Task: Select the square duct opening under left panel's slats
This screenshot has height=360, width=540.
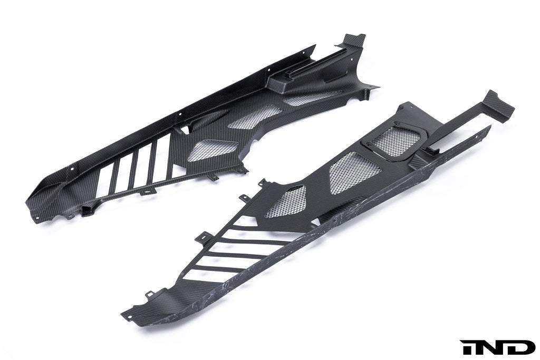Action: (x=88, y=211)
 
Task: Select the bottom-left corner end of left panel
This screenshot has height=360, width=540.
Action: (x=30, y=203)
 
